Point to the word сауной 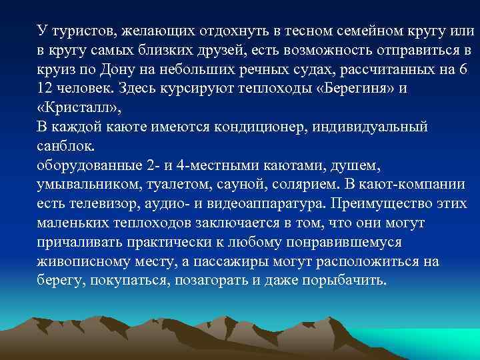tap(231, 184)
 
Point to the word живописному tap(82, 261)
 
